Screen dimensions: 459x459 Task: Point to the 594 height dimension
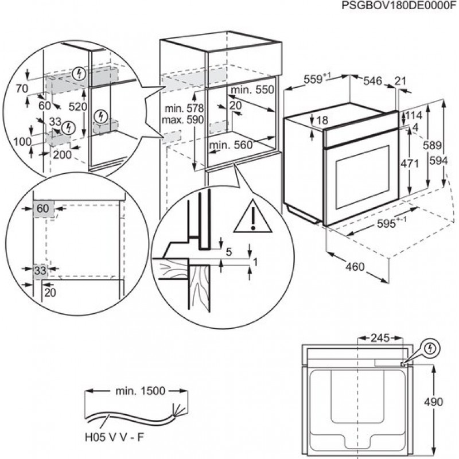(438, 162)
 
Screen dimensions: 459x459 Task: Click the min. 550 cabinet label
(252, 90)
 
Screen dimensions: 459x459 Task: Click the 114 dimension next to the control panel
(413, 115)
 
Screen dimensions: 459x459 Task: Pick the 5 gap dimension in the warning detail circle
(228, 251)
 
